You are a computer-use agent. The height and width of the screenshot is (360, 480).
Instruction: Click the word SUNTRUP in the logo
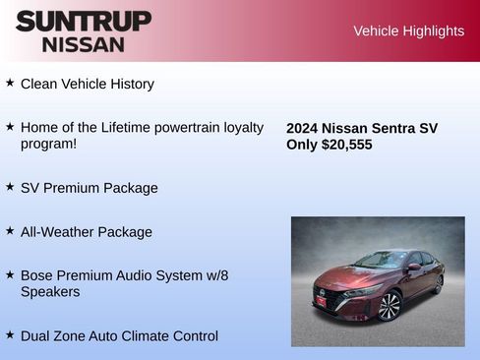tap(84, 21)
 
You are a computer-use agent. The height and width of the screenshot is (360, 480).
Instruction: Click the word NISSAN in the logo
tap(84, 43)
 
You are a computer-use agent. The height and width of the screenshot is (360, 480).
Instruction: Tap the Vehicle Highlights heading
tap(408, 31)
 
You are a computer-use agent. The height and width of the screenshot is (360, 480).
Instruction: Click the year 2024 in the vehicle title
tap(303, 128)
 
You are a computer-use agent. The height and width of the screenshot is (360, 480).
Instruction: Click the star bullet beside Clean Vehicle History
tap(10, 83)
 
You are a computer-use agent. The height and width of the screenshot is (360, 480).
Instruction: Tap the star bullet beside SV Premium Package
tap(10, 186)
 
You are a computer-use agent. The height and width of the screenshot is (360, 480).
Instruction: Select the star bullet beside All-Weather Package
tap(10, 230)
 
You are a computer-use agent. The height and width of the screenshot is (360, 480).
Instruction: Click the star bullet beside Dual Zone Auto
tap(10, 334)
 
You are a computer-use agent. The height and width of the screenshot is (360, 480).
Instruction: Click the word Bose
tap(37, 276)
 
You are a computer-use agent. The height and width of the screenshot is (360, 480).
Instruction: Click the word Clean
tap(40, 85)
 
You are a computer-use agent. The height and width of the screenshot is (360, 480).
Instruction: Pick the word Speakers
tap(50, 292)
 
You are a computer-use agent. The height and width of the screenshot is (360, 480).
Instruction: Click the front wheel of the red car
tap(390, 307)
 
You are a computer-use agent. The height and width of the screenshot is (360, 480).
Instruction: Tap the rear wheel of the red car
tap(438, 284)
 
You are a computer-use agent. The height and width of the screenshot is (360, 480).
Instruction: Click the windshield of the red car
tap(381, 261)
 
